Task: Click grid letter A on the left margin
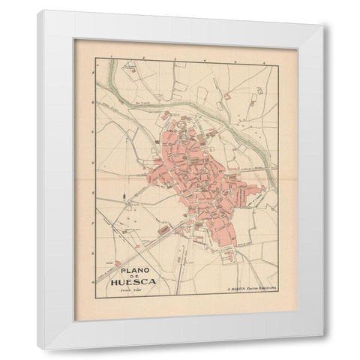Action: click(x=89, y=65)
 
